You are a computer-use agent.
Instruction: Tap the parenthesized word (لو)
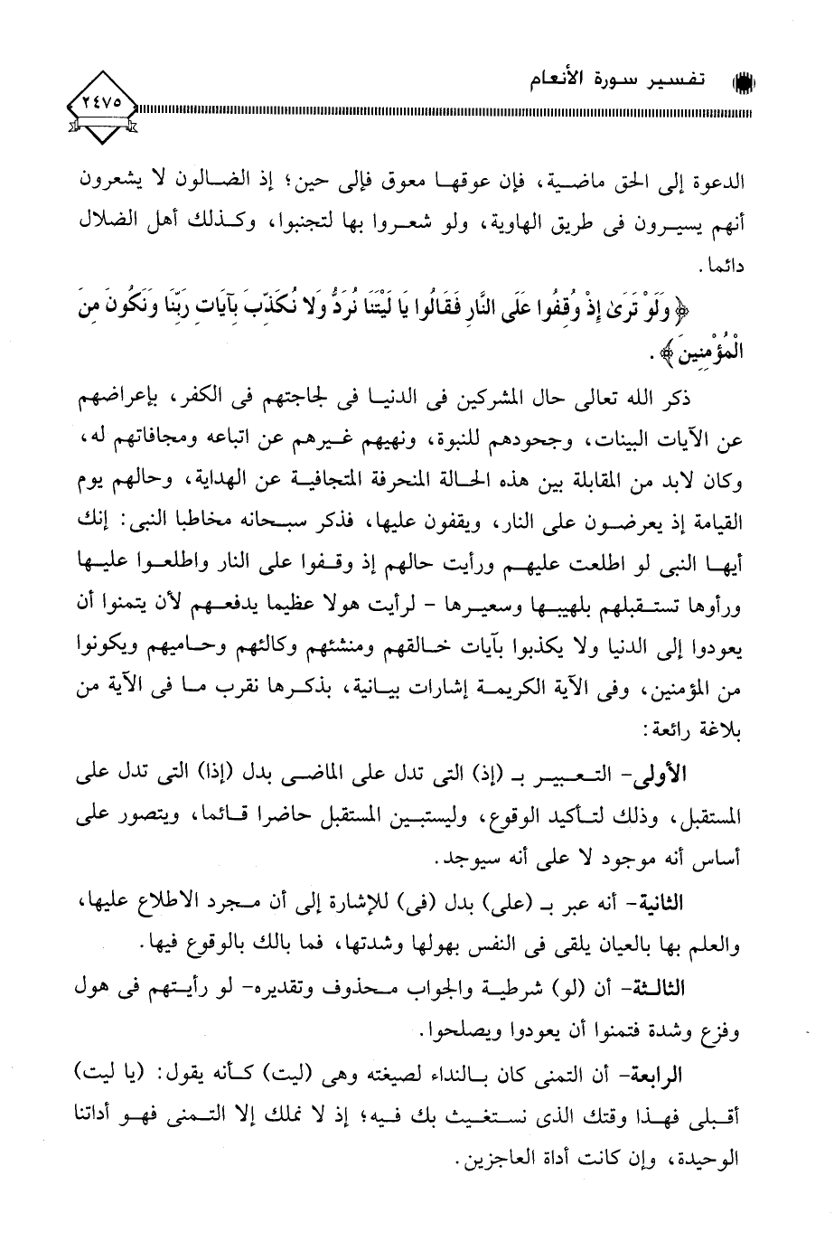(623, 989)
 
